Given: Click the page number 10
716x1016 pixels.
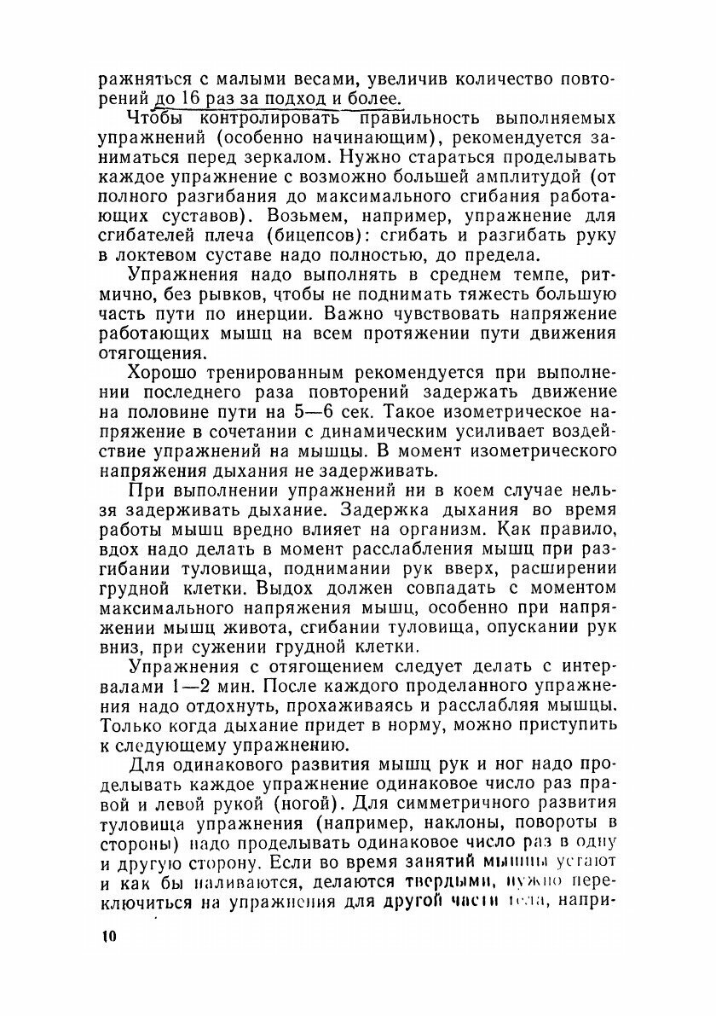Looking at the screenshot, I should coord(108,937).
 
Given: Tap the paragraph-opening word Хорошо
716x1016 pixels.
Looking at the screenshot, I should coord(165,374).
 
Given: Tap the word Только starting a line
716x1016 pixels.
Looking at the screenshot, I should coord(130,727).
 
